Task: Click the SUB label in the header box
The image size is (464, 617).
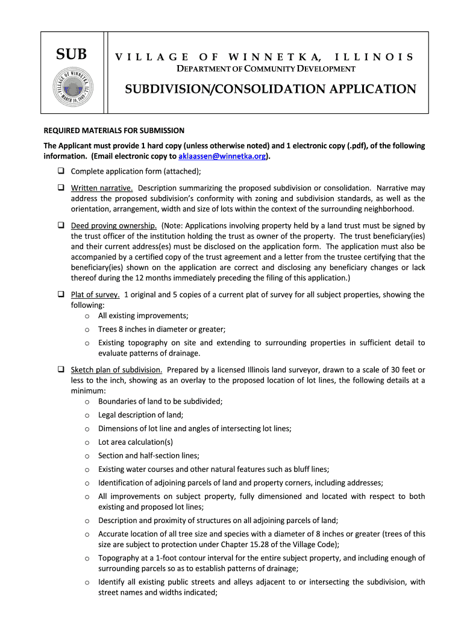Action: tap(72, 55)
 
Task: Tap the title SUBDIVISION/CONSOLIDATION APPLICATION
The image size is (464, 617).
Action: tap(270, 90)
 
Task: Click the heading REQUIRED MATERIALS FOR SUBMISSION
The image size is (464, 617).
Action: tap(114, 130)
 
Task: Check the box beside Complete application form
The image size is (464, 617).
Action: tap(61, 171)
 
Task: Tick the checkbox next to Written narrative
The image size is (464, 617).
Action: tap(61, 187)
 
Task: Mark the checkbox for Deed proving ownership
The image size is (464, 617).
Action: tap(61, 225)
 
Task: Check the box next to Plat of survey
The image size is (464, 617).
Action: tap(61, 295)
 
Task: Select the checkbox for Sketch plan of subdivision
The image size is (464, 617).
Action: tap(61, 369)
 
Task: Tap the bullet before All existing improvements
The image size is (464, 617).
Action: tap(87, 316)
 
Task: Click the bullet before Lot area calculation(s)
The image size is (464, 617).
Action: tap(87, 442)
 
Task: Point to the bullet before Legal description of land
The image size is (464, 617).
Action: tap(87, 415)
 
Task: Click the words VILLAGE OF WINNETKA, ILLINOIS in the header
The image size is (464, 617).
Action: tap(265, 57)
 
